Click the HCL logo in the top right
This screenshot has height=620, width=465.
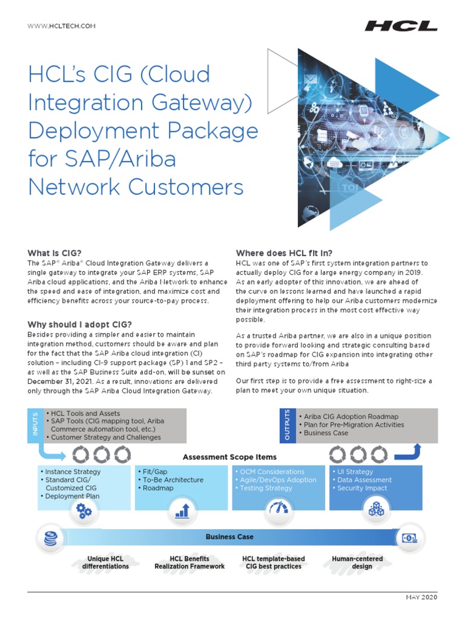[401, 26]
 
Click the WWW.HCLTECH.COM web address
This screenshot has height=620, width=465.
[62, 26]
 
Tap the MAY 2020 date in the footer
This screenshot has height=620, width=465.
[421, 598]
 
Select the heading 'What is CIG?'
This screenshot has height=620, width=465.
[54, 252]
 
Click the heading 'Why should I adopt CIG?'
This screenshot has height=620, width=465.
[80, 325]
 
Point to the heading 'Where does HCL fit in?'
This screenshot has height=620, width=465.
[284, 252]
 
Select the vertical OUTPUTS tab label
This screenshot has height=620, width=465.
[287, 424]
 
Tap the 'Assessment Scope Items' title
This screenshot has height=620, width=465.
[229, 457]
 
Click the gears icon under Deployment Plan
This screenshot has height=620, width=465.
[84, 512]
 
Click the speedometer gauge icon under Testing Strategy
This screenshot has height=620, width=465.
[279, 509]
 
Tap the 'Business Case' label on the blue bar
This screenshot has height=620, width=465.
[229, 537]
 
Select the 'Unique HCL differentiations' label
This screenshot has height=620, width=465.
[105, 562]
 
